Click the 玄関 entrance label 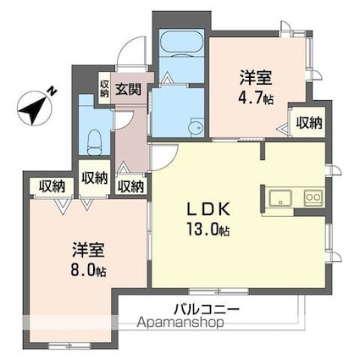pyautogui.click(x=128, y=90)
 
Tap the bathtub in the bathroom pyautogui.click(x=181, y=41)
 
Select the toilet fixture pyautogui.click(x=94, y=142)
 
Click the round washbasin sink pyautogui.click(x=196, y=129)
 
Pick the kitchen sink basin pyautogui.click(x=280, y=198)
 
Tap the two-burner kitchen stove pyautogui.click(x=313, y=197)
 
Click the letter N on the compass pyautogui.click(x=52, y=91)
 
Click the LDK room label pyautogui.click(x=208, y=209)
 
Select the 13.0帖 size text pyautogui.click(x=208, y=229)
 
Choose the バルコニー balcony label pyautogui.click(x=207, y=309)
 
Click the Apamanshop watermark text pyautogui.click(x=180, y=322)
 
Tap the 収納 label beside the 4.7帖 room pyautogui.click(x=309, y=123)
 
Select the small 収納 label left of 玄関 pyautogui.click(x=104, y=89)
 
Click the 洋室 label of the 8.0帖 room pyautogui.click(x=88, y=250)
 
